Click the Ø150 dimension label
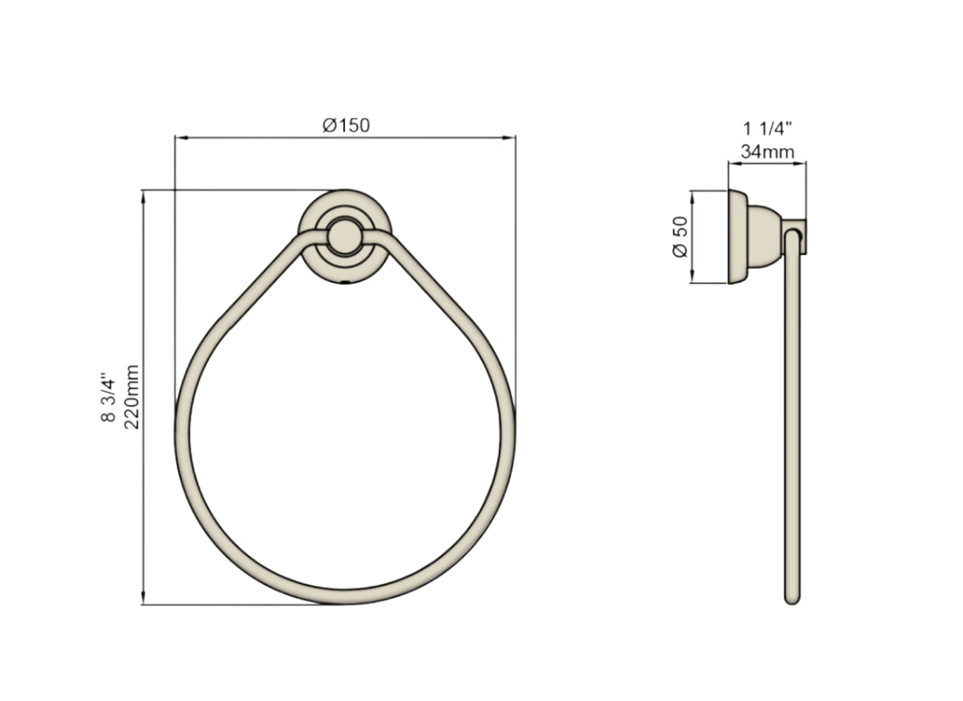[x=346, y=125]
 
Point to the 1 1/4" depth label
[x=768, y=128]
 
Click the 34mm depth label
[x=767, y=152]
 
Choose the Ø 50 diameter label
[x=680, y=237]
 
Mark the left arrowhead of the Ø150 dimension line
[x=179, y=138]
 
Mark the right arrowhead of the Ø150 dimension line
[x=510, y=138]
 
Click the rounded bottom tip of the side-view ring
[x=792, y=600]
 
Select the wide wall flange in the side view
[x=737, y=237]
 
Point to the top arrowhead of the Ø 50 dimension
[x=692, y=195]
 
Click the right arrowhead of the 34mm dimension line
[x=803, y=163]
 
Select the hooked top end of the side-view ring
[x=793, y=233]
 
